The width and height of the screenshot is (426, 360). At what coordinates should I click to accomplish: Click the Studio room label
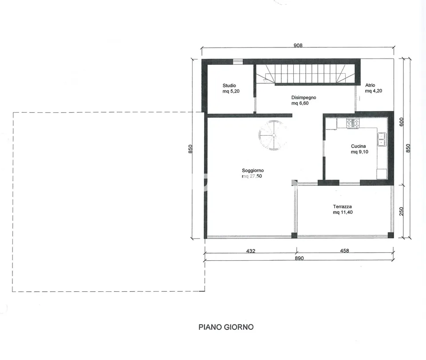click(229, 86)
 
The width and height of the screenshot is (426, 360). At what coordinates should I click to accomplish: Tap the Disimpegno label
click(304, 98)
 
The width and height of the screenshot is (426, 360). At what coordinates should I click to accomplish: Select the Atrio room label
click(370, 85)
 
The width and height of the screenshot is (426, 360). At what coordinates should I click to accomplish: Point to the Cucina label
click(359, 146)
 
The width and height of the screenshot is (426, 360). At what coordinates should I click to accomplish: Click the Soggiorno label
click(252, 171)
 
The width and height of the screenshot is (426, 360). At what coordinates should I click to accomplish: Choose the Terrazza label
click(342, 207)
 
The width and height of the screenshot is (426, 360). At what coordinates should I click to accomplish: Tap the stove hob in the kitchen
click(353, 124)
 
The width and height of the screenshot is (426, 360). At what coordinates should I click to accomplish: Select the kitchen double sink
click(382, 139)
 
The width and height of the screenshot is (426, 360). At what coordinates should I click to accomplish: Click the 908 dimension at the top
click(298, 45)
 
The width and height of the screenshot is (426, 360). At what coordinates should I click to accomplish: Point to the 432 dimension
click(250, 251)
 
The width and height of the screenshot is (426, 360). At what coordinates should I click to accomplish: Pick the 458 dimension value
click(344, 251)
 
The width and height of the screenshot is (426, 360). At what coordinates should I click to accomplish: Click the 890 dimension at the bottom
click(299, 258)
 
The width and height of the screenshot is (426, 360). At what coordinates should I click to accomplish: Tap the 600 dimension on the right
click(402, 121)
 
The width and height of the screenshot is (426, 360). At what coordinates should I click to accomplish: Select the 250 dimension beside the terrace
click(402, 211)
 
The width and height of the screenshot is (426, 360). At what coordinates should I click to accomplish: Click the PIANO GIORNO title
click(226, 327)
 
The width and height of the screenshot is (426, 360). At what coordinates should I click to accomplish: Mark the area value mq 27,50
click(252, 176)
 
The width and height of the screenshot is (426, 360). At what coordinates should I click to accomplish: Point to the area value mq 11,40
click(343, 212)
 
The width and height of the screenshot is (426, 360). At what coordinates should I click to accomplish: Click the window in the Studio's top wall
click(238, 62)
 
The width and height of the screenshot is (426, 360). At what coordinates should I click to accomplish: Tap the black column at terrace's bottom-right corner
click(390, 235)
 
